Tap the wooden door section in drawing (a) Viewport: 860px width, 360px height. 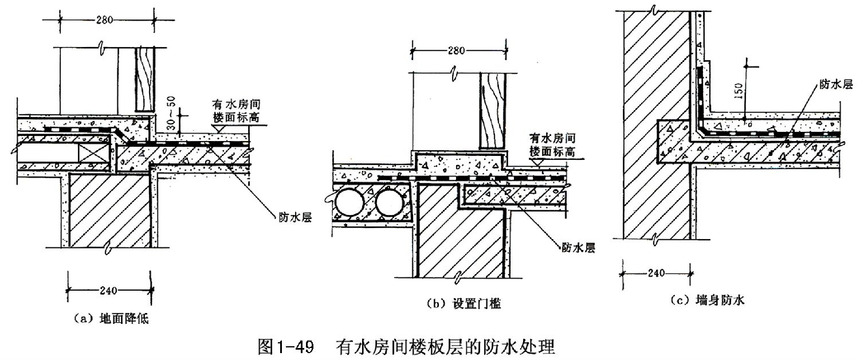144,79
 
